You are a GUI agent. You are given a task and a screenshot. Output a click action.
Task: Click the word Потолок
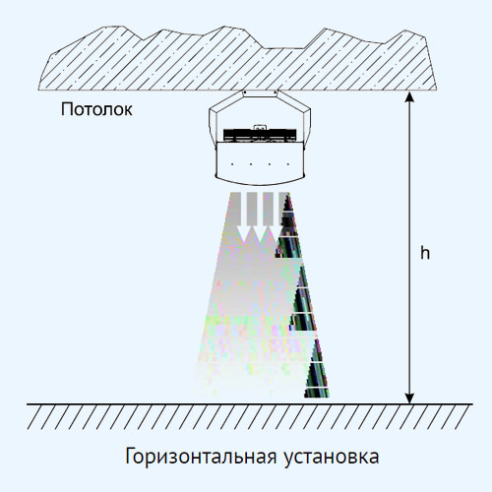coord(96,109)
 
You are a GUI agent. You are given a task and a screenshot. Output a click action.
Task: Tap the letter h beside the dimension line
coord(425,253)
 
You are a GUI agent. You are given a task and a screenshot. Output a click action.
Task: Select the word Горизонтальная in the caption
coord(201,457)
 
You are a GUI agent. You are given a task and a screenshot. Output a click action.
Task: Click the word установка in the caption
coord(332,457)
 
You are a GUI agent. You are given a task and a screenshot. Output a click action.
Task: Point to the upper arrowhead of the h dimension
coord(409,96)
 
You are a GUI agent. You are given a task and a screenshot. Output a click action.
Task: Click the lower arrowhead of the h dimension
coord(409,399)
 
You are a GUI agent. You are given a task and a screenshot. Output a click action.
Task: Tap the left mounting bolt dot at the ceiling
coord(245,92)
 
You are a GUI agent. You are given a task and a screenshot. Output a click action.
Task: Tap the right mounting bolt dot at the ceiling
coord(276,92)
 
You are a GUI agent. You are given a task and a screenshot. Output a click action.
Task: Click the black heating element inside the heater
coord(260,135)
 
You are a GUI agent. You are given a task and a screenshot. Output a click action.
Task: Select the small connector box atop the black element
coord(260,127)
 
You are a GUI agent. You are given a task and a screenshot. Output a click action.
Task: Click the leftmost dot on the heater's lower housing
coord(232,163)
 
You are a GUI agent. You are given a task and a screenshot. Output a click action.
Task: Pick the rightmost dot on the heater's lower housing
coord(288,163)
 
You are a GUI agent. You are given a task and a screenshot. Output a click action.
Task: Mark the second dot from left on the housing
coord(251,163)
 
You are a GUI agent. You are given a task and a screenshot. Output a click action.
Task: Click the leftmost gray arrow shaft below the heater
coord(235,210)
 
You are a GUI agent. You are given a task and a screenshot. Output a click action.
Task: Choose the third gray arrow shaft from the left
coord(268,210)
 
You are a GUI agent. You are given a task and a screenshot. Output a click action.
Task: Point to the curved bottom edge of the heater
coord(260,183)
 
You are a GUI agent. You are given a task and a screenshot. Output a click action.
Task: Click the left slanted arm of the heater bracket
coord(226,102)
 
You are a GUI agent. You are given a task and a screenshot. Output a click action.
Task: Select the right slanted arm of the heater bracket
coord(294,102)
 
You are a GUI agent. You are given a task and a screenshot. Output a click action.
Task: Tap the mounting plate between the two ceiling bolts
coord(260,93)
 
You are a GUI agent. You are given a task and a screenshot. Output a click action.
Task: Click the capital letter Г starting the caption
coord(130,456)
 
